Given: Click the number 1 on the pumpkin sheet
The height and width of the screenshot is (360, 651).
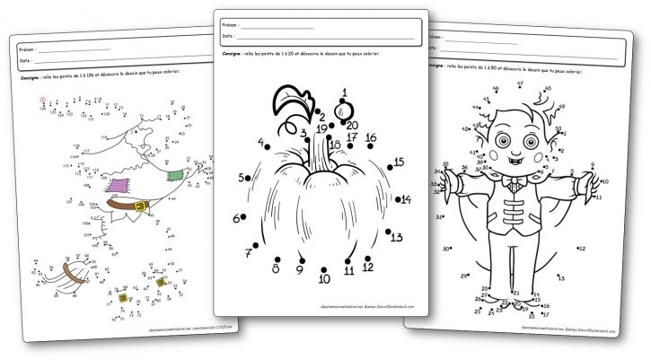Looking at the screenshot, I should point(344,92).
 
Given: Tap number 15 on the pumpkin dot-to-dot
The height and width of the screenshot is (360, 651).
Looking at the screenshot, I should point(399,162).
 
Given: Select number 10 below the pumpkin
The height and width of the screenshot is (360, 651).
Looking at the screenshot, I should point(324,279).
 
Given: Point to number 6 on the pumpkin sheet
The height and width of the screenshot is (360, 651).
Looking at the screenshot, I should point(261,142).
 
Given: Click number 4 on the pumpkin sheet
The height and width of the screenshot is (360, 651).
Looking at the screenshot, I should point(261,142).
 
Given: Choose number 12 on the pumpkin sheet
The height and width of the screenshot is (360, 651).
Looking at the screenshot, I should point(367,267).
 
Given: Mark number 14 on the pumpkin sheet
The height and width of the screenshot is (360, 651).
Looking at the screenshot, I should point(406,199).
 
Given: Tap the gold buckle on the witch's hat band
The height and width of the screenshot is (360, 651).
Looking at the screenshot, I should point(139,208).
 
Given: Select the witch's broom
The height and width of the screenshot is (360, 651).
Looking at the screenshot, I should point(67,278).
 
